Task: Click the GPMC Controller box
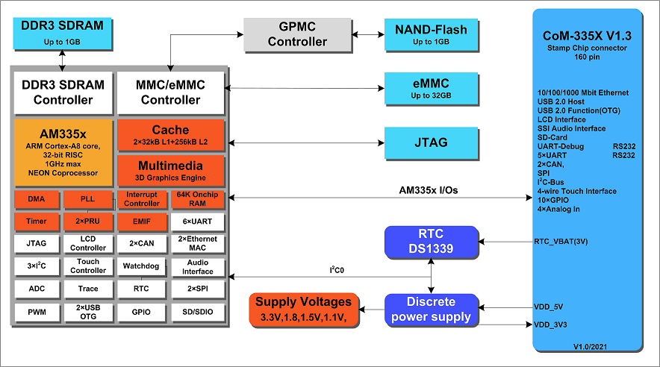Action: tap(298, 34)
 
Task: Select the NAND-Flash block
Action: tap(431, 34)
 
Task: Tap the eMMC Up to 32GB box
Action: tap(431, 89)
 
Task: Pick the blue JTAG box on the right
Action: tap(431, 142)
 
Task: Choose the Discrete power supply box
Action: tap(430, 310)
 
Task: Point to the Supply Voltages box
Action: tap(303, 310)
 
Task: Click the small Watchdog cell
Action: tap(142, 266)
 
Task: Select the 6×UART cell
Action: tap(197, 221)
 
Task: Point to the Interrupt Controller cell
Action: tap(142, 199)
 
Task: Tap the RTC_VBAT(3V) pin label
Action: tap(560, 242)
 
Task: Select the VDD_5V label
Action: tap(550, 306)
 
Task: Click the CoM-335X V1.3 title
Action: tap(586, 37)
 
